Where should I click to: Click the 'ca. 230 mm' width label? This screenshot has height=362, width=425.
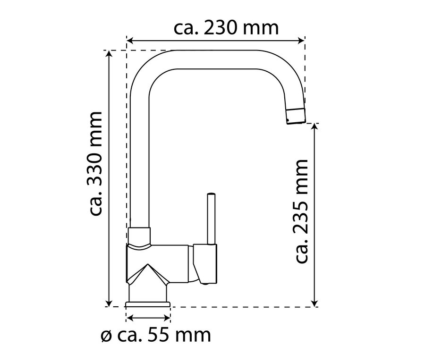[x=226, y=28]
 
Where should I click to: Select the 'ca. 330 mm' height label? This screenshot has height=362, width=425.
[x=95, y=164]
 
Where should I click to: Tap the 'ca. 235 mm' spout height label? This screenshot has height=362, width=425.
[x=301, y=211]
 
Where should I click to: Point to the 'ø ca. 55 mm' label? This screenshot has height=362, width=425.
[x=155, y=336]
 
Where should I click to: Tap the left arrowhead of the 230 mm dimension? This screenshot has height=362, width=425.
[x=130, y=41]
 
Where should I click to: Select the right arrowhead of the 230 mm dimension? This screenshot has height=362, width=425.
[x=301, y=41]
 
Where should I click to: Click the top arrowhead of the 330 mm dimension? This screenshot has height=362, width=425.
[x=109, y=54]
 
